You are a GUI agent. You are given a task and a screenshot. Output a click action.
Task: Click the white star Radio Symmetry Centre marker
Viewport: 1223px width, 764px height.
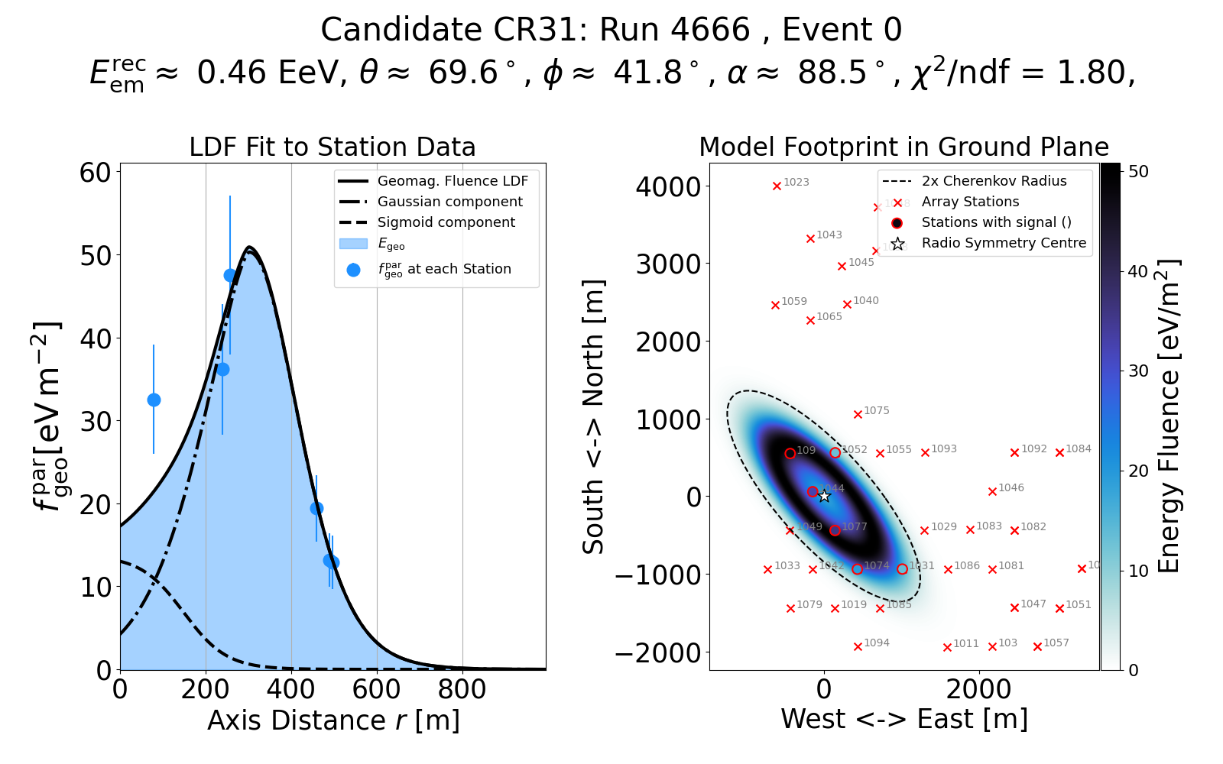(x=824, y=497)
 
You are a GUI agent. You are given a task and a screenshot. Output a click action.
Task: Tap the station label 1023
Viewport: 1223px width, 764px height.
(x=796, y=183)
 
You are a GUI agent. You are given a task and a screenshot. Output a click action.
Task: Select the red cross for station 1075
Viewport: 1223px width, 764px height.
(x=858, y=415)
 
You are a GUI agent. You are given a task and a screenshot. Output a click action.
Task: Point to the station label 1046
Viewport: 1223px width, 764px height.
(x=1011, y=488)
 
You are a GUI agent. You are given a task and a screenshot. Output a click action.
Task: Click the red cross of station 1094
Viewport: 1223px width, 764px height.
(x=858, y=647)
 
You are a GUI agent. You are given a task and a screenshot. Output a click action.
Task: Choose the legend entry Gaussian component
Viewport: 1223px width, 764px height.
(x=449, y=202)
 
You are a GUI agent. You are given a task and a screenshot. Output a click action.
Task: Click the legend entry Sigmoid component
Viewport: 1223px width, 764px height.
(x=446, y=222)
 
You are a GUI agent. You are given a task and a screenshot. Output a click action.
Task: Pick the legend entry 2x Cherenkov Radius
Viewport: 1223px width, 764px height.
(x=994, y=181)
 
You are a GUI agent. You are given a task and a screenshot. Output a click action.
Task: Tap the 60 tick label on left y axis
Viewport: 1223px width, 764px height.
(x=96, y=173)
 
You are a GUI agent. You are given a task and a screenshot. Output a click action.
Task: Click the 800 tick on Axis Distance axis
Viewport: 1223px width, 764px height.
(x=462, y=690)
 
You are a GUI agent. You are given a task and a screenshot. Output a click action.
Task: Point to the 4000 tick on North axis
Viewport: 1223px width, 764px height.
(x=668, y=186)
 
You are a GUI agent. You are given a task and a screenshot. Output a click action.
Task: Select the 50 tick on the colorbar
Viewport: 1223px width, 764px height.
(x=1138, y=172)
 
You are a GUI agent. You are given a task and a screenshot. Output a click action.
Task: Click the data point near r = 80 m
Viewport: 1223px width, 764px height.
(x=154, y=400)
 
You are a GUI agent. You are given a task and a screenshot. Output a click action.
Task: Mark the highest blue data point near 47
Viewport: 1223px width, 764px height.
(x=230, y=275)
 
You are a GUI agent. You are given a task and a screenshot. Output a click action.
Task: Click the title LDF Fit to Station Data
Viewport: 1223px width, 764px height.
(x=333, y=147)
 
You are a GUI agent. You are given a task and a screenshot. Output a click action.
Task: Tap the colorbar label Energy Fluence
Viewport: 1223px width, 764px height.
(x=1169, y=416)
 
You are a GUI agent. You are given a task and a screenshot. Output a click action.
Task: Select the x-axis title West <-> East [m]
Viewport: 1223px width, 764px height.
(x=904, y=720)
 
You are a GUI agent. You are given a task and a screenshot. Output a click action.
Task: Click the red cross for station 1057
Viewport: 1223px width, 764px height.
(x=1037, y=647)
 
